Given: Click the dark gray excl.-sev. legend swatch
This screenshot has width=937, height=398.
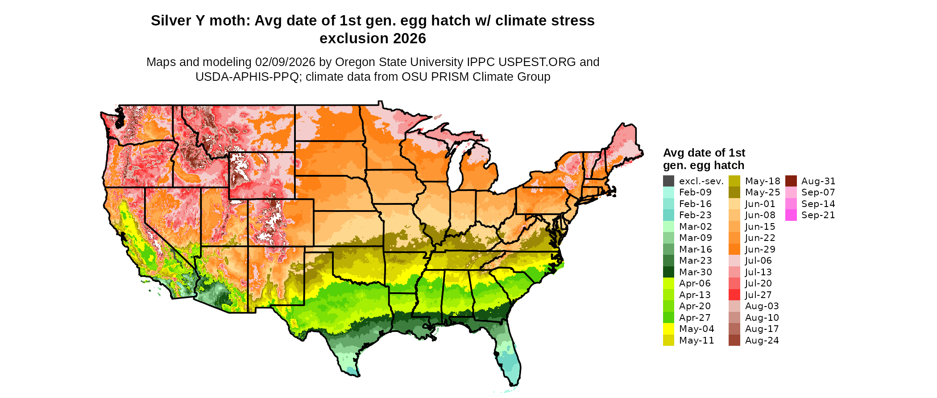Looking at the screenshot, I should (668, 181).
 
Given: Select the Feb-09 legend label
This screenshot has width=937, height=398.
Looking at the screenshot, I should (695, 192).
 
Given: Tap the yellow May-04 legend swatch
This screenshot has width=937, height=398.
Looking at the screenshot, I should (668, 329).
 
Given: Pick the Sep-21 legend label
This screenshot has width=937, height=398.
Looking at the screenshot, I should (818, 215).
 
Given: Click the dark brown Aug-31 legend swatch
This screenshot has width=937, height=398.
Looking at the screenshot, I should (791, 181).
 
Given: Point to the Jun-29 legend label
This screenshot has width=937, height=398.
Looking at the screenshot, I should (760, 249).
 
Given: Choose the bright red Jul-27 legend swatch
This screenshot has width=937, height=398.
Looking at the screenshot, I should (734, 295).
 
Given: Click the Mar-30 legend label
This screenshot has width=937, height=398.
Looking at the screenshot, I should (695, 272).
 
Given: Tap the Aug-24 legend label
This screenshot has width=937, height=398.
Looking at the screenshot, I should (762, 340).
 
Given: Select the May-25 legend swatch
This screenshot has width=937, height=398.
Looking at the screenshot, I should (734, 192).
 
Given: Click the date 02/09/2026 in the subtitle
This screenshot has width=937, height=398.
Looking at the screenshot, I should (285, 62).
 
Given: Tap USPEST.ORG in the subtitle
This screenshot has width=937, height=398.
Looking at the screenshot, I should (538, 62).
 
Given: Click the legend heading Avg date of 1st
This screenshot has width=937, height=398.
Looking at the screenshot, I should (704, 153).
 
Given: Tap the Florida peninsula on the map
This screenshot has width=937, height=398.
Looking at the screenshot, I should (509, 357).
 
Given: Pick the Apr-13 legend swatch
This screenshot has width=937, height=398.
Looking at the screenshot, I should (668, 295).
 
